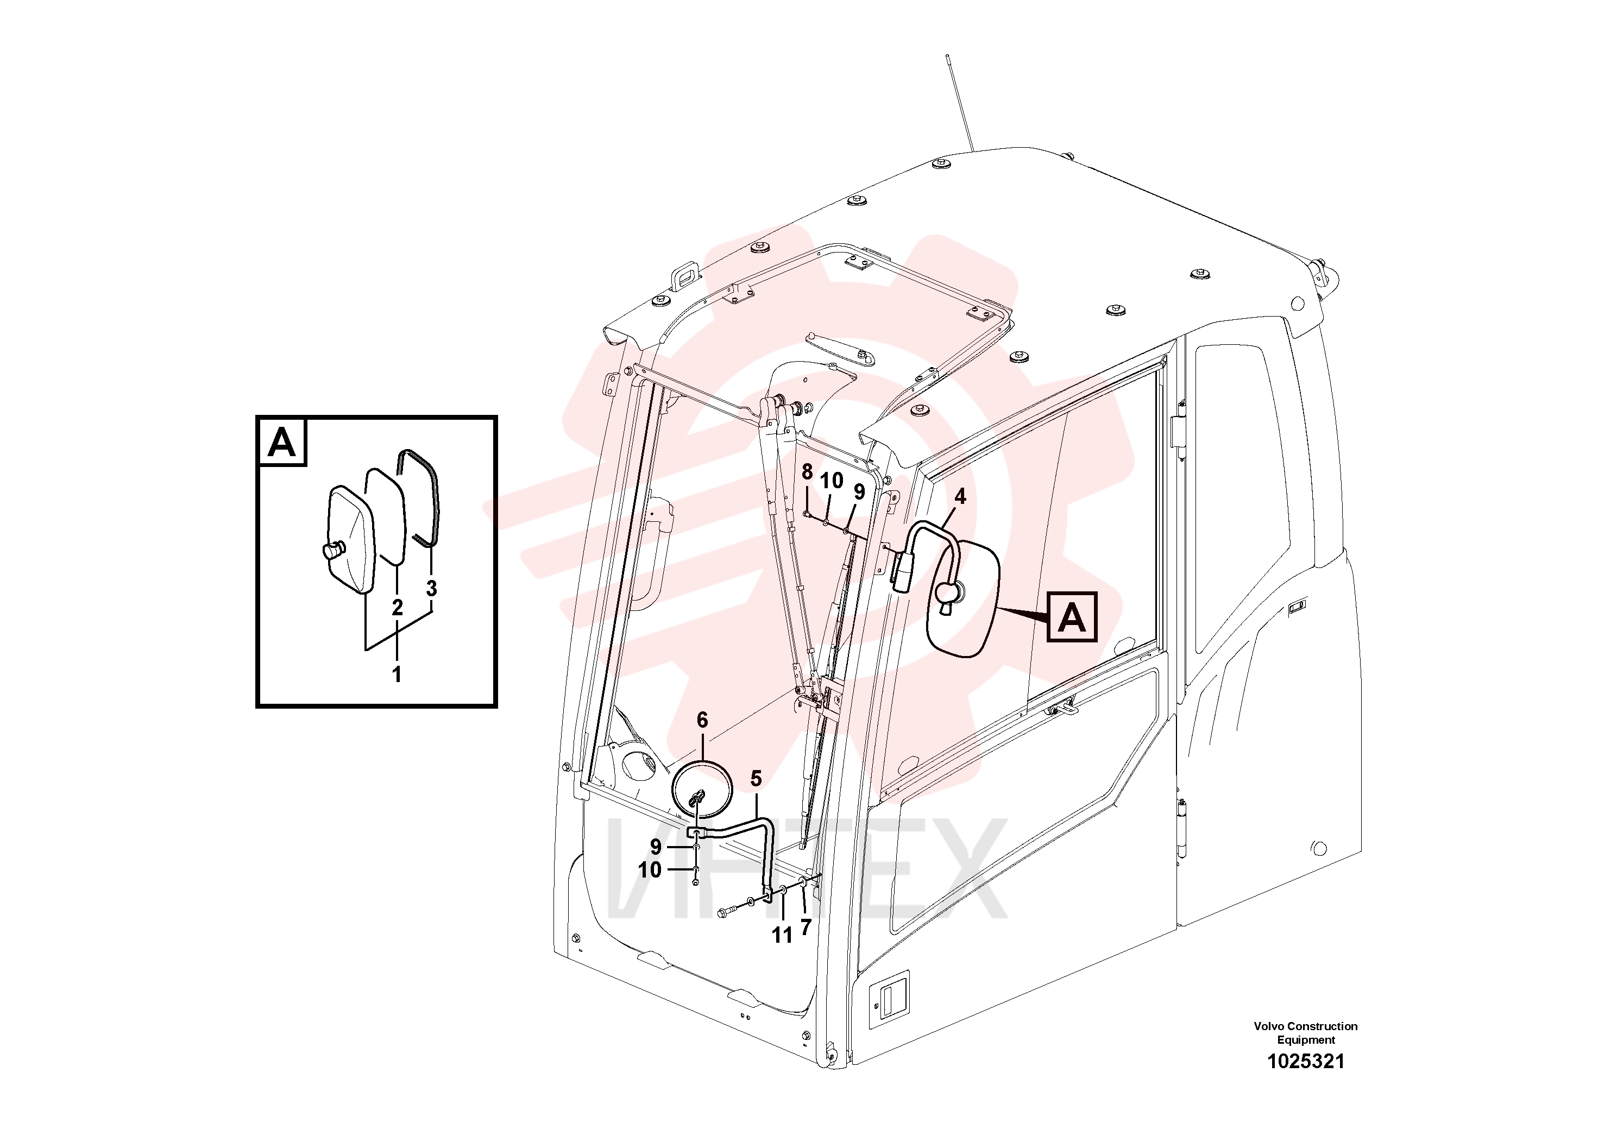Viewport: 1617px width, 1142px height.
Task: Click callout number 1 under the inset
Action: tap(397, 674)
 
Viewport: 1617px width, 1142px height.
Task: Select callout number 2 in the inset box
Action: tap(397, 608)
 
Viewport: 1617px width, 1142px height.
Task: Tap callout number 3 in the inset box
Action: tap(432, 589)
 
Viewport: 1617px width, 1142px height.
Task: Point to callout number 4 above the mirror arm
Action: tap(960, 497)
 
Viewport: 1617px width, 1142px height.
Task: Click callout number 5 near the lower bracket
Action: tap(756, 779)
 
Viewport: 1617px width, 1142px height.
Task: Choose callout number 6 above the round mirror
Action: tap(702, 720)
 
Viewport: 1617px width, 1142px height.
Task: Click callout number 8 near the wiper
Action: tap(807, 472)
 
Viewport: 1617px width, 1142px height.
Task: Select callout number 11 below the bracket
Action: tap(783, 936)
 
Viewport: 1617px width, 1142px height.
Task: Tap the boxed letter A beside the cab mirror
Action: tap(1072, 617)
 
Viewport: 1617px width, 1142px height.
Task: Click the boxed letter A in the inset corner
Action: tap(282, 442)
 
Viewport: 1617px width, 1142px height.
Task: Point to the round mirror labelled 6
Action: tap(702, 790)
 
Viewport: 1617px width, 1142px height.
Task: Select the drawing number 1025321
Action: tap(1306, 1062)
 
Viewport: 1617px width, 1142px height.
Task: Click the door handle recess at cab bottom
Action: tap(890, 999)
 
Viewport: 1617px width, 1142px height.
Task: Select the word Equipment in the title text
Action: tap(1306, 1040)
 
